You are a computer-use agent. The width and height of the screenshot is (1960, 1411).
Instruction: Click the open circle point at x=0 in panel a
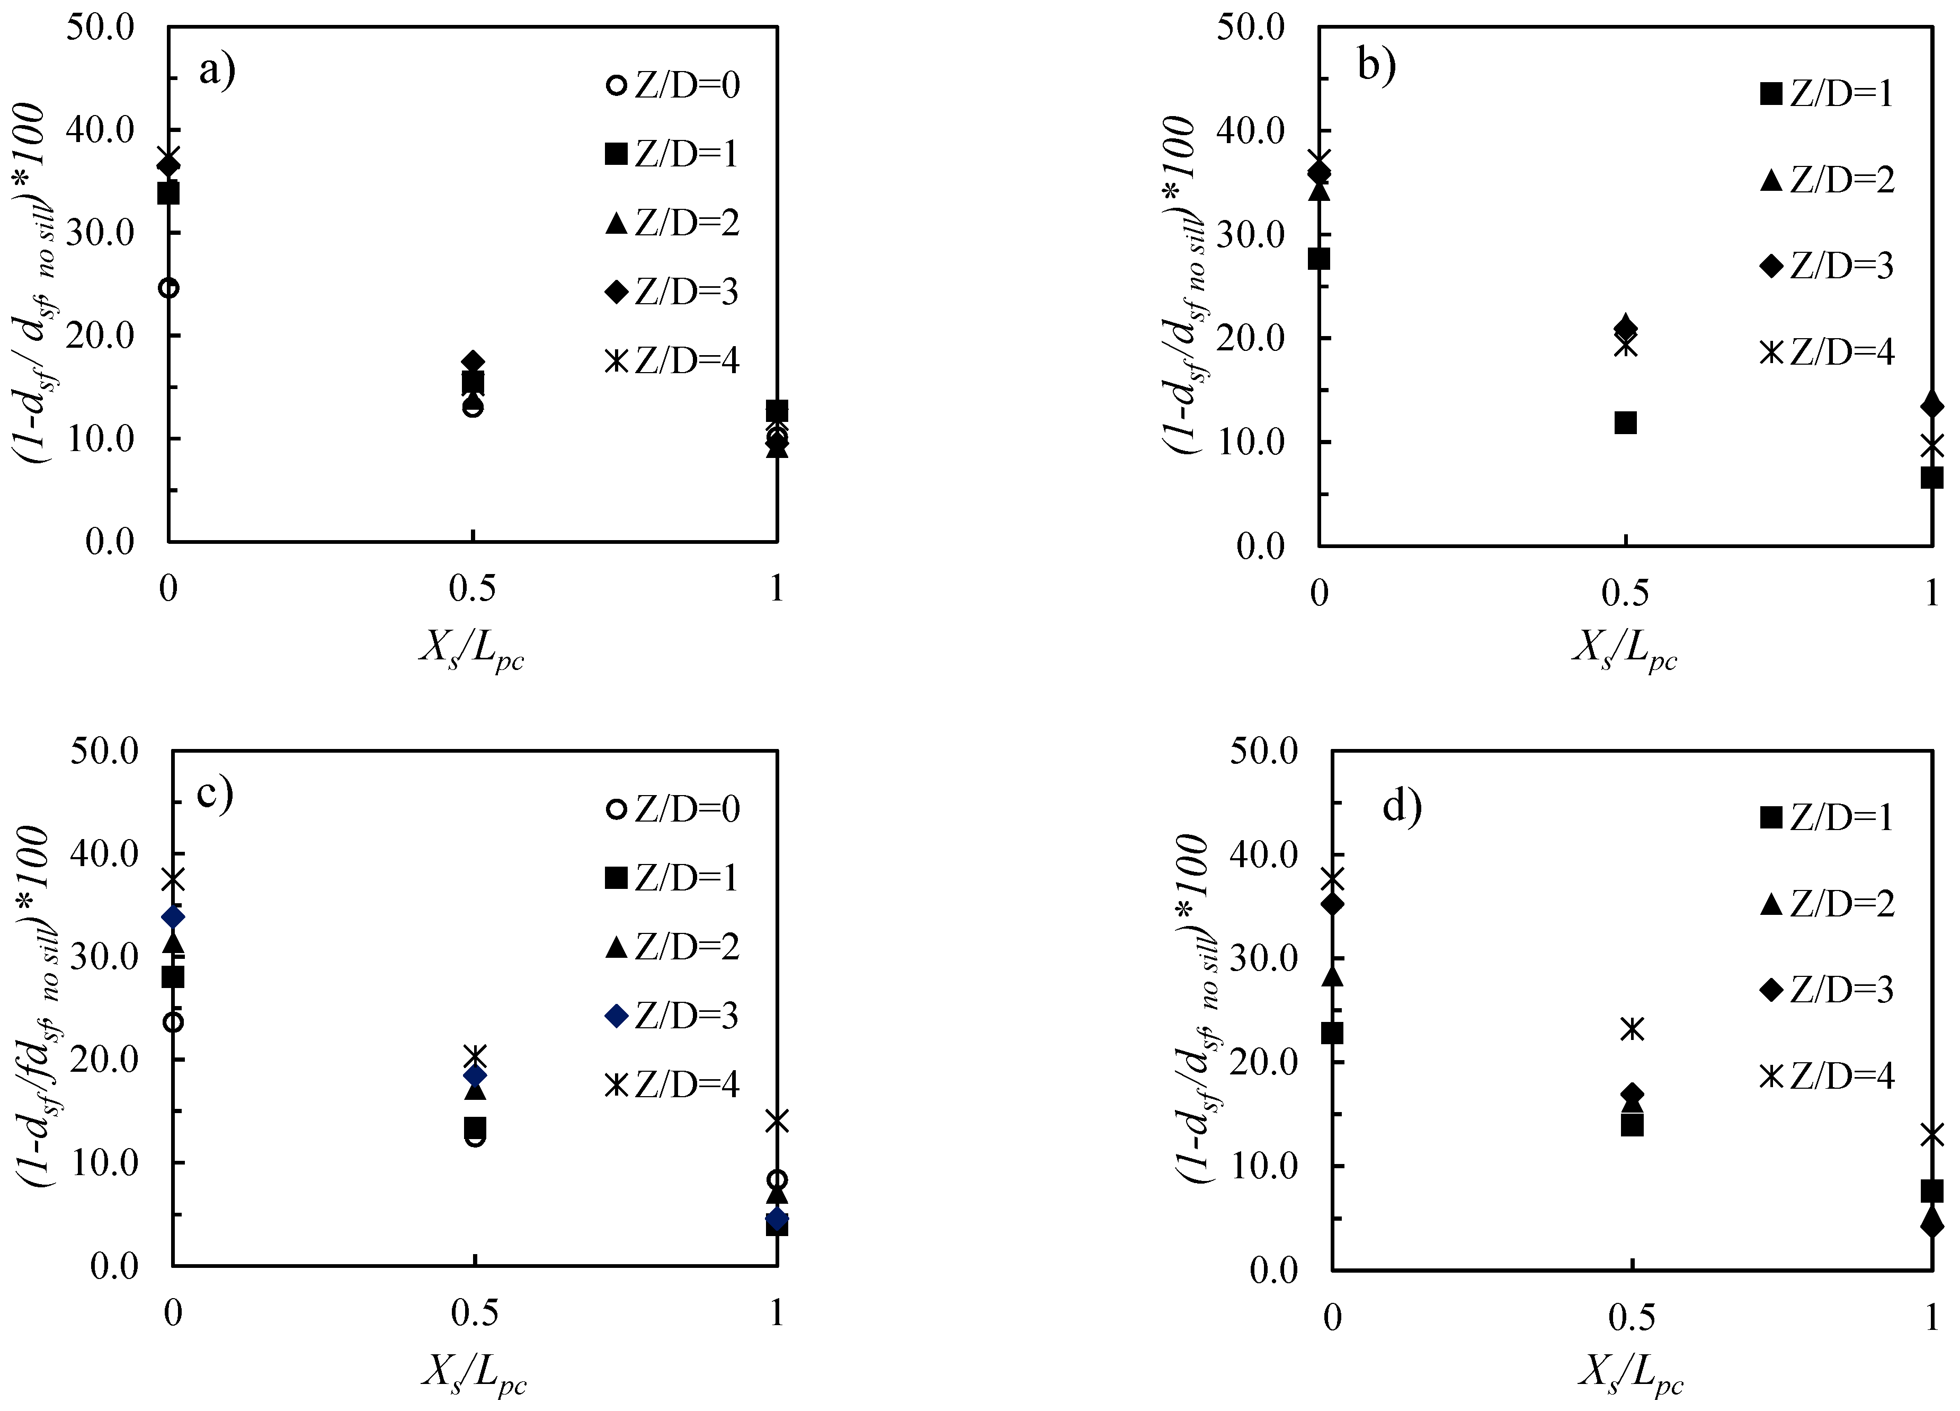click(x=170, y=288)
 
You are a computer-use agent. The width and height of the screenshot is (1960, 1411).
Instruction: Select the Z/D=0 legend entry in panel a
click(x=674, y=85)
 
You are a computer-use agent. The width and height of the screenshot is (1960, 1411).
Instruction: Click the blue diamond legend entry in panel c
click(x=674, y=1017)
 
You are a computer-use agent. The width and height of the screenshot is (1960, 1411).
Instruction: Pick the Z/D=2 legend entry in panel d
click(x=1827, y=904)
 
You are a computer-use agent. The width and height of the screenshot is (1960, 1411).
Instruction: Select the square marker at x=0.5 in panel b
click(x=1626, y=423)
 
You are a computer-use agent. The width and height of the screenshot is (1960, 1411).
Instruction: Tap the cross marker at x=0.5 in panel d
click(x=1632, y=1029)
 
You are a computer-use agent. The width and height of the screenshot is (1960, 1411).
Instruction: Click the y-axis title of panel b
click(x=1182, y=285)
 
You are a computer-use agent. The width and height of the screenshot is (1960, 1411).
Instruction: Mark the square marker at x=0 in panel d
click(x=1333, y=1033)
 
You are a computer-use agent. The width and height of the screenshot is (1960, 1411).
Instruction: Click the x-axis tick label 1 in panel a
click(x=777, y=589)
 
